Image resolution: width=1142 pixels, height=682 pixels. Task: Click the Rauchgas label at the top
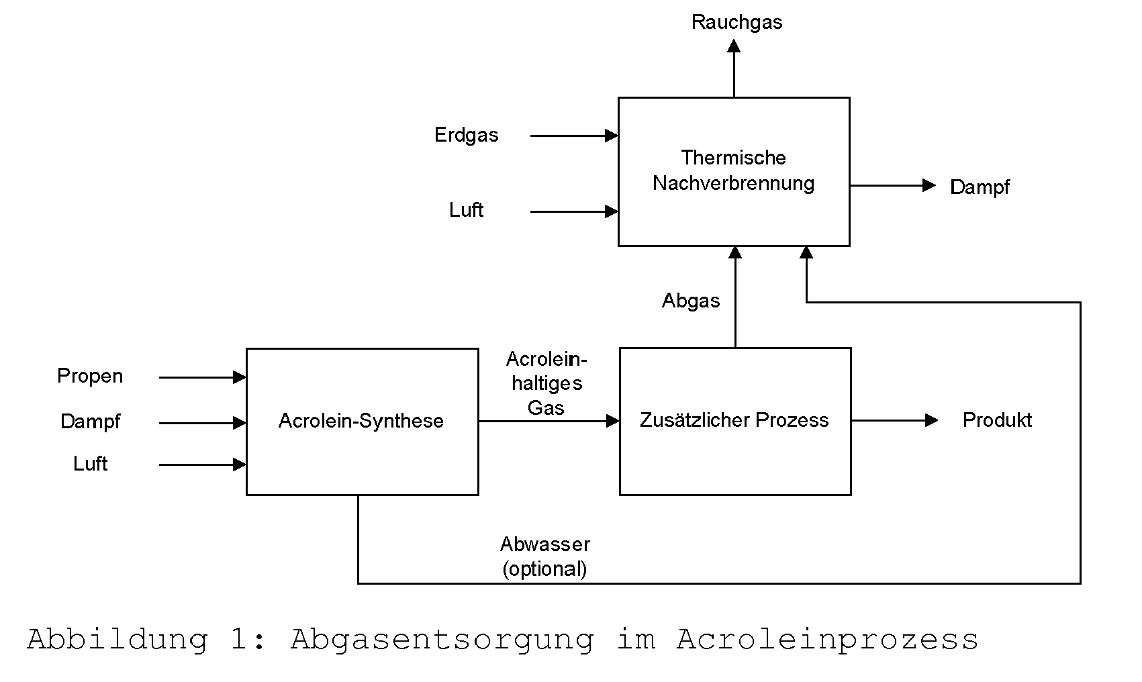pos(736,23)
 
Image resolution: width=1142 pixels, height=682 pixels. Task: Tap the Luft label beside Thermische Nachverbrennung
pos(466,210)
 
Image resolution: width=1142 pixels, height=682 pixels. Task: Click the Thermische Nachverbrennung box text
pos(734,170)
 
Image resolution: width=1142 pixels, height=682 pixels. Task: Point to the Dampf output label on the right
pos(980,187)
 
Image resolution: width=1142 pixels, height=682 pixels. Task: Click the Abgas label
pos(691,301)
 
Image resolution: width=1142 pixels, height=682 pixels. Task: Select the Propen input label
pos(90,377)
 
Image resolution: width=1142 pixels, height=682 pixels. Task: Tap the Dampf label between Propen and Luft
pos(90,422)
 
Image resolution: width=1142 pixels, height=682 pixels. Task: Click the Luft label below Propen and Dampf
pos(90,464)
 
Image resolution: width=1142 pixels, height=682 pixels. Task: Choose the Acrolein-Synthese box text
pos(361,421)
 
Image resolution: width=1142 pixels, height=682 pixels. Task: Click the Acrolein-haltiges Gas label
pos(546,383)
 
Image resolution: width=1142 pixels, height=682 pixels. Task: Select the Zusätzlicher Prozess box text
pos(734,420)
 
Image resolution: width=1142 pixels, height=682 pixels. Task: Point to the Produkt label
pos(997,420)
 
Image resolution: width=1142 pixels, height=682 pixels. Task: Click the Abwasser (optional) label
pos(545,556)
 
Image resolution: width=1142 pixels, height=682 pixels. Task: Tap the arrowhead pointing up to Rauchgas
pos(734,46)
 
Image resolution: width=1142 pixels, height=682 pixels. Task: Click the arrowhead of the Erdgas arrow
pos(611,136)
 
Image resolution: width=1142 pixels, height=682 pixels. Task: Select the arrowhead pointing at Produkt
pos(931,420)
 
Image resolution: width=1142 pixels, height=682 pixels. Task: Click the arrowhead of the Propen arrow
pos(240,377)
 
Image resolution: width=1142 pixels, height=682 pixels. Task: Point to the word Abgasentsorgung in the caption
pos(442,640)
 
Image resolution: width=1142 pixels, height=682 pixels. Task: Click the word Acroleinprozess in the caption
pos(827,640)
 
